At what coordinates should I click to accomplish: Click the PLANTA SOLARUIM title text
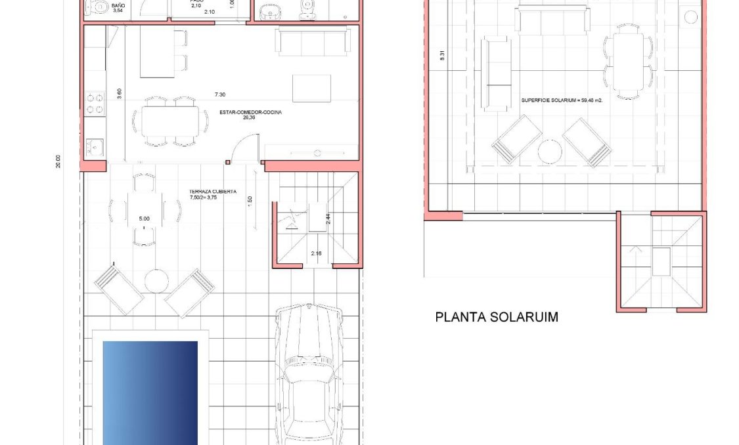497,318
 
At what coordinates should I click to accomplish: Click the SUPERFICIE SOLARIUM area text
562,100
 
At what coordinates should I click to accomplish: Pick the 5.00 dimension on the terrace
145,219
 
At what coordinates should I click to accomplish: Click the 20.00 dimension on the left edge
58,161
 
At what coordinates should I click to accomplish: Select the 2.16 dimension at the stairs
317,253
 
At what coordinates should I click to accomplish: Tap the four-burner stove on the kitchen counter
95,102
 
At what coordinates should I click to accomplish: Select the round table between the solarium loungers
550,152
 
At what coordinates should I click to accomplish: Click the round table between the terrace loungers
156,280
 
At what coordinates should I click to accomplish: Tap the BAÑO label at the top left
118,6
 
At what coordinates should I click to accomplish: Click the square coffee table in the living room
311,89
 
